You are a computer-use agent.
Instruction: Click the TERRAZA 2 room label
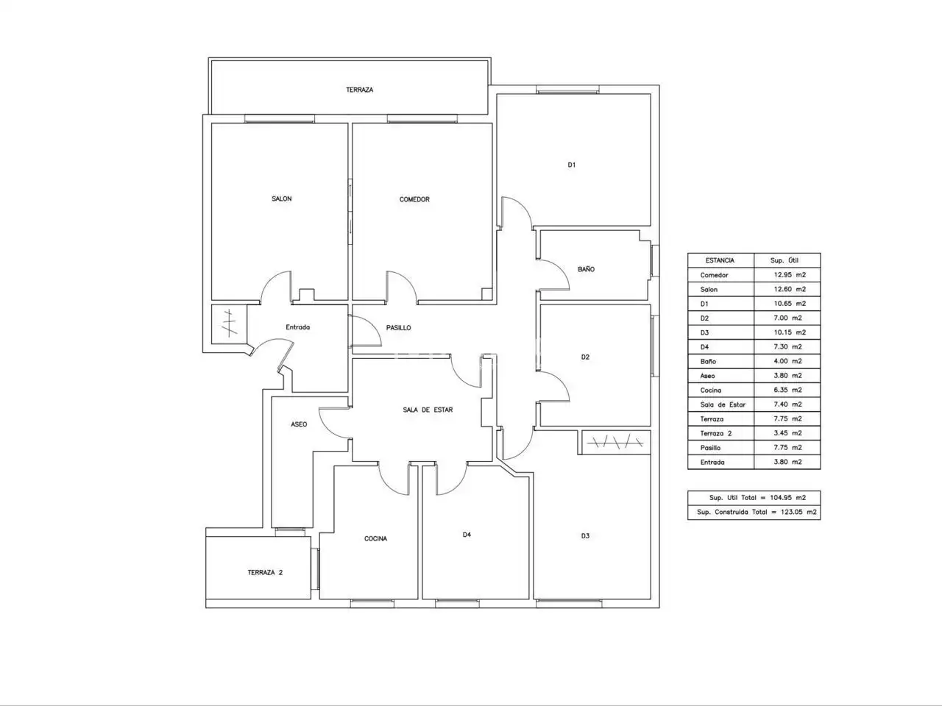point(265,572)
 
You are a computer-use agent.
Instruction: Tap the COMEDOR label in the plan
point(414,199)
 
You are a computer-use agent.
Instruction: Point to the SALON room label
point(282,199)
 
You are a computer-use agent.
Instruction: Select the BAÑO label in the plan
point(586,268)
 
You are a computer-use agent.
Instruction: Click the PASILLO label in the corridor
point(398,327)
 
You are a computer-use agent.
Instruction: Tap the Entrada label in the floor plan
point(297,327)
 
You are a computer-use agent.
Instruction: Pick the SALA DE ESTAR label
point(428,410)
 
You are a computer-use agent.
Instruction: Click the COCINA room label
point(375,538)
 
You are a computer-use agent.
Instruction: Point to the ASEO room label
point(299,424)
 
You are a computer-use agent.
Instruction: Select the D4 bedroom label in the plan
point(467,535)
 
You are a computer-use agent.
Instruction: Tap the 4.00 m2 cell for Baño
point(788,361)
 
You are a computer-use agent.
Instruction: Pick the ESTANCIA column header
point(720,260)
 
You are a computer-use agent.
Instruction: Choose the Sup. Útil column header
point(784,260)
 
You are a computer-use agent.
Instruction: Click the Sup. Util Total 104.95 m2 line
point(757,498)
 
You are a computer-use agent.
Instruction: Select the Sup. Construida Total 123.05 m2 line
point(757,512)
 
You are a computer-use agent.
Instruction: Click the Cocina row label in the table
point(711,390)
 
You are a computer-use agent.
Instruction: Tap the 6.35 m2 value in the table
point(788,390)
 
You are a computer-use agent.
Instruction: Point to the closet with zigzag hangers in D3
point(615,441)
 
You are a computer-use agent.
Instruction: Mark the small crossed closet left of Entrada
point(229,324)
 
